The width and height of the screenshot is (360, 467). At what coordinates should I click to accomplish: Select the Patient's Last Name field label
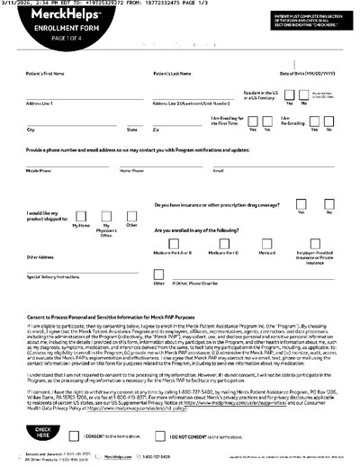[x=174, y=72]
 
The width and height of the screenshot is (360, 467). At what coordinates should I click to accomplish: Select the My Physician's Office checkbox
[x=108, y=214]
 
